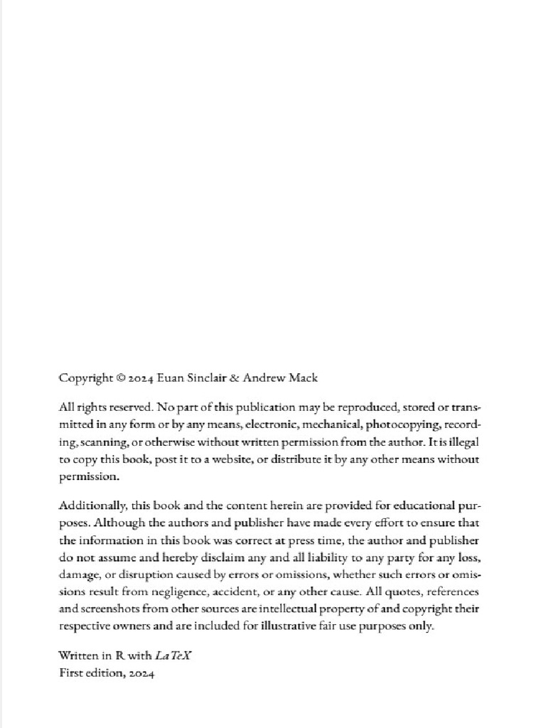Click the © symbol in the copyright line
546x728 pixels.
coord(119,378)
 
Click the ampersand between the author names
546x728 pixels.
coord(236,378)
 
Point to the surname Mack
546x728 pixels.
coord(304,378)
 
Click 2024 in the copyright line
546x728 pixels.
coord(141,378)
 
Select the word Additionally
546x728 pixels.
coord(92,505)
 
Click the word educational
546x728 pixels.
coord(416,505)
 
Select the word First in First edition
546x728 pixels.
coord(70,673)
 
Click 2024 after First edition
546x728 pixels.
coord(139,673)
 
